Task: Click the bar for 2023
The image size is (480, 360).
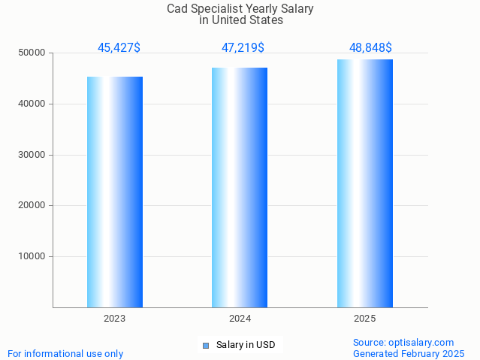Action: (x=115, y=192)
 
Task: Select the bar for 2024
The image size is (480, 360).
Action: (x=240, y=187)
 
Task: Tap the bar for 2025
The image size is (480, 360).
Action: (x=365, y=183)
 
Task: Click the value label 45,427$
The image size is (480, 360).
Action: (x=119, y=48)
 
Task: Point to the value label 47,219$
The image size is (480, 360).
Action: (x=243, y=48)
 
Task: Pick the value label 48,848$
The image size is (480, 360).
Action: (x=370, y=48)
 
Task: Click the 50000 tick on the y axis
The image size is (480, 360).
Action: (x=33, y=53)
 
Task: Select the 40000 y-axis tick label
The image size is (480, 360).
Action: (x=33, y=104)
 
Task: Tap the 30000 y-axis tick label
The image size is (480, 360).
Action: (x=33, y=155)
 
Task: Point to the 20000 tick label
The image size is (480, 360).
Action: (x=33, y=206)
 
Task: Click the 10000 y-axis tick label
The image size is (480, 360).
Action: (x=33, y=256)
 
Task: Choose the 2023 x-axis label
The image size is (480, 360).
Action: (x=115, y=319)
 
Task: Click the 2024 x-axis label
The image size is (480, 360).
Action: (x=240, y=319)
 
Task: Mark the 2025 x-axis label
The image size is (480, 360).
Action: (x=365, y=319)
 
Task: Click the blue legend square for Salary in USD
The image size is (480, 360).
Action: (x=206, y=346)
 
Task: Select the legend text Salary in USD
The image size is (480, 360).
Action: (x=246, y=346)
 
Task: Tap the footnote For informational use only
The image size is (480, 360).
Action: (x=65, y=354)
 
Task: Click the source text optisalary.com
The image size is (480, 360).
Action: (x=403, y=343)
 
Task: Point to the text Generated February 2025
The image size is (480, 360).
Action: (x=409, y=354)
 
